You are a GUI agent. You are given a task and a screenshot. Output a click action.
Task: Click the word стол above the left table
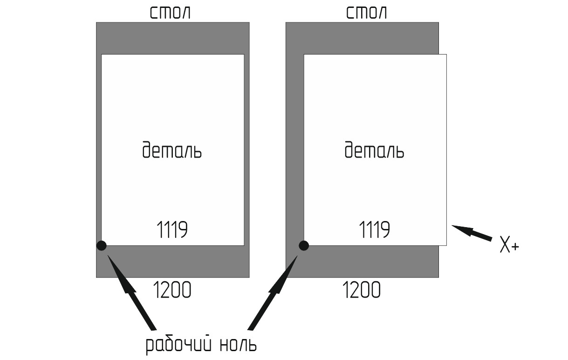170,13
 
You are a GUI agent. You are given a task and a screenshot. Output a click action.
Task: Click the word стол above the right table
366,13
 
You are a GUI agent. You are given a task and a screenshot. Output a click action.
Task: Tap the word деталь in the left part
172,151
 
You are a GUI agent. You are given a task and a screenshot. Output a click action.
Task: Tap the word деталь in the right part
375,151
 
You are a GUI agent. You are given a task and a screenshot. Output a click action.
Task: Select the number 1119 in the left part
171,229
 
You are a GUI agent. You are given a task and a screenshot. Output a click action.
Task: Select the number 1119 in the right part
374,229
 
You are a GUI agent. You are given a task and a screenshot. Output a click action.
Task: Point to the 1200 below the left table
172,291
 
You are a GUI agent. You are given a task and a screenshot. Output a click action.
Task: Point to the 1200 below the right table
362,291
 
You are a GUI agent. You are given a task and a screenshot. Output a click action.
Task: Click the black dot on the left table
101,245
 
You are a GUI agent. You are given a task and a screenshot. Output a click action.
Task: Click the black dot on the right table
303,245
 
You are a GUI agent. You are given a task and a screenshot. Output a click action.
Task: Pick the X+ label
509,245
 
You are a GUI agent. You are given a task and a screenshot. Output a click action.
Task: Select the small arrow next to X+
472,232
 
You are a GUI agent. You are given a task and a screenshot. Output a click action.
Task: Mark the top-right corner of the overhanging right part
446,55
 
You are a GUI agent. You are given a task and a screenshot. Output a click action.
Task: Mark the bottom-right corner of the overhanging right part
446,245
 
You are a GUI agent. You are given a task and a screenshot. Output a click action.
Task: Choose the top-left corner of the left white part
102,55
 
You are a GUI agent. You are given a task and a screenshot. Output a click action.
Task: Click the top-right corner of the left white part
244,55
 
